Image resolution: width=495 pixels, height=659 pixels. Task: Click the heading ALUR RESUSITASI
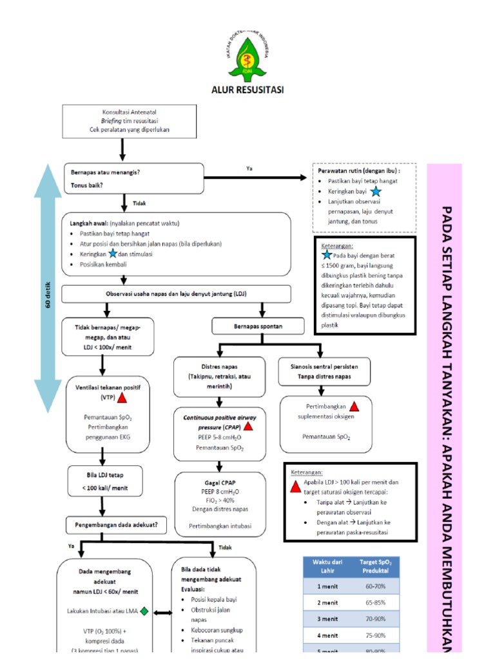click(x=247, y=89)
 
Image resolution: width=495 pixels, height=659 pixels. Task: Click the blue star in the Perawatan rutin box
click(x=376, y=192)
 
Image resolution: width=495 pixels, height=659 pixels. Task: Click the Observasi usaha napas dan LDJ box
click(x=175, y=294)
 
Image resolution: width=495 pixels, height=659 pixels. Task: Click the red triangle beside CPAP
click(x=248, y=426)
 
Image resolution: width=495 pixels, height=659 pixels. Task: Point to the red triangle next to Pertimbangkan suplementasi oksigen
click(x=354, y=406)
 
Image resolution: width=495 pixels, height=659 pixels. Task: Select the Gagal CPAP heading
click(x=220, y=481)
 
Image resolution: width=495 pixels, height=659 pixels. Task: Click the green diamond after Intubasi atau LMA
click(x=144, y=611)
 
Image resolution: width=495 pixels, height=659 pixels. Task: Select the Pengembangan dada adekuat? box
click(x=119, y=524)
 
